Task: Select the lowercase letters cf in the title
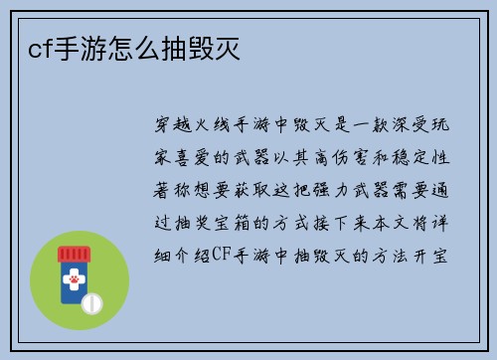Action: pos(28,48)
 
